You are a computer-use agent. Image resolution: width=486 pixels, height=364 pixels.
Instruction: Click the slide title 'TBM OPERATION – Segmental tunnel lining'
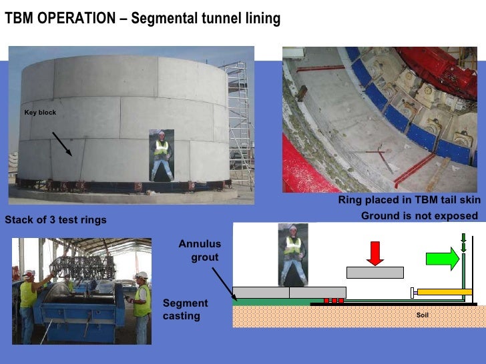142,19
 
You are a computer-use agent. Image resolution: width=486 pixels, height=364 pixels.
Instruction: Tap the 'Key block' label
40,113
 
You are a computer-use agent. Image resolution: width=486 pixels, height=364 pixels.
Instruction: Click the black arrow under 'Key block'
63,143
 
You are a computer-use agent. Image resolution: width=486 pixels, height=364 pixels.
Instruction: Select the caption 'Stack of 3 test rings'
55,220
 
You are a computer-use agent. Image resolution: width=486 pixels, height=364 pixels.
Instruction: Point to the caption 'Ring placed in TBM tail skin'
409,201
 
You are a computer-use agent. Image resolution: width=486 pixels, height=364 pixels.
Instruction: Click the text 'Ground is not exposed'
419,215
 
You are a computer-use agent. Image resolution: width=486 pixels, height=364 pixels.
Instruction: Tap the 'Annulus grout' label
200,250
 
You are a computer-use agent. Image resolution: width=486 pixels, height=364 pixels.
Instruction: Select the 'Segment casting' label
185,309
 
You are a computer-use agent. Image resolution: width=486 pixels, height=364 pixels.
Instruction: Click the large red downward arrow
375,252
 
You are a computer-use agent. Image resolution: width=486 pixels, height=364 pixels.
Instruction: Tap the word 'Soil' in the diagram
422,315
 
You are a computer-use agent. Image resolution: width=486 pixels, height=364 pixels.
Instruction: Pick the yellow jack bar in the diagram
444,291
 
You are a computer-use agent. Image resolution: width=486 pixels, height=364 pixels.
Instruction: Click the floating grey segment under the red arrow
375,272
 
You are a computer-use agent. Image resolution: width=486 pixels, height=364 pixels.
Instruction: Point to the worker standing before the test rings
160,155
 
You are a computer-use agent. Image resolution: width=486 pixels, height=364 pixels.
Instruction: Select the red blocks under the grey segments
333,301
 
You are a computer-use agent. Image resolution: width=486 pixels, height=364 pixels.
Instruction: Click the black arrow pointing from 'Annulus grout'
222,280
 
